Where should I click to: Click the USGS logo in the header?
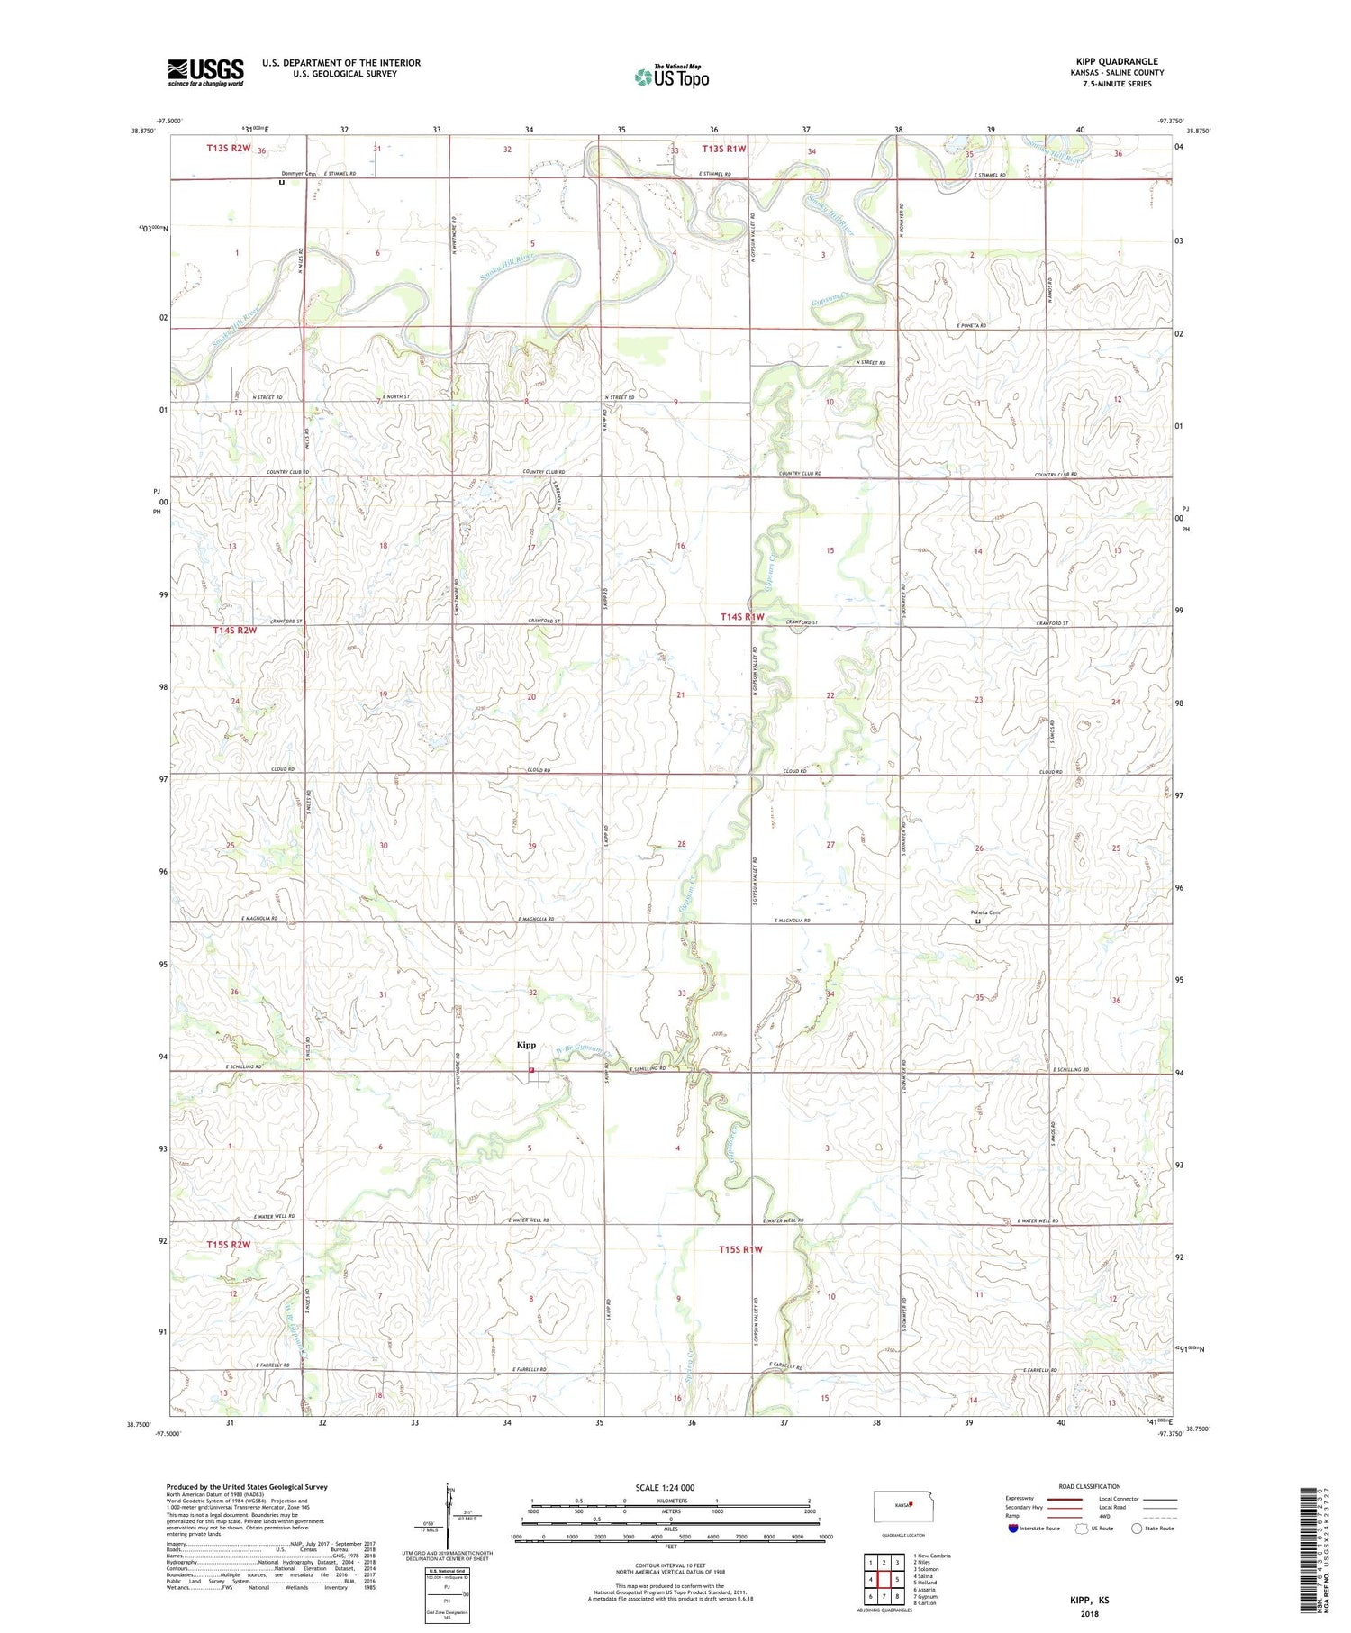205,72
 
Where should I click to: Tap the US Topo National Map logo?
672,77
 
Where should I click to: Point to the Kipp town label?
526,1045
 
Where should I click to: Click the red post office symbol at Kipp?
531,1070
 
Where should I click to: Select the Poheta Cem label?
984,912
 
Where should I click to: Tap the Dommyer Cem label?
299,173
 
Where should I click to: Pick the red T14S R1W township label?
741,617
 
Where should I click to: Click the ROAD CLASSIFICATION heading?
1090,1486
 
